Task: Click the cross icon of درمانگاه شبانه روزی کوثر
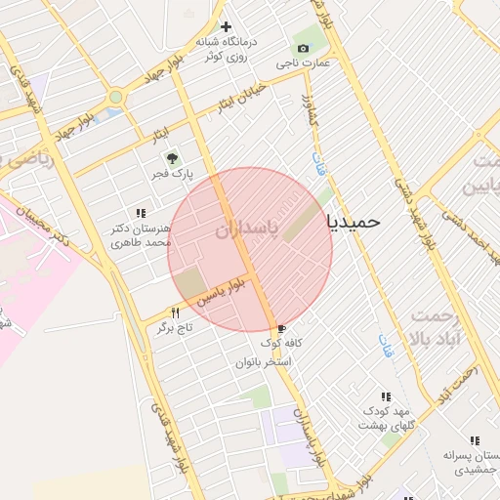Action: pos(227,26)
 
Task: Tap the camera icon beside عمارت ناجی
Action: pos(303,48)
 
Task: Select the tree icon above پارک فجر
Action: pos(173,156)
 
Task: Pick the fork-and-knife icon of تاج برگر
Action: pos(176,312)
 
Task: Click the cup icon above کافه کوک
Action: pos(281,328)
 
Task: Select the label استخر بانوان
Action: pos(264,362)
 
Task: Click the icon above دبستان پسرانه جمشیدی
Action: pos(475,441)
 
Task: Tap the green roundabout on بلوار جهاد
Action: pos(116,97)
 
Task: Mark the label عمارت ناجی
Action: pos(303,63)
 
